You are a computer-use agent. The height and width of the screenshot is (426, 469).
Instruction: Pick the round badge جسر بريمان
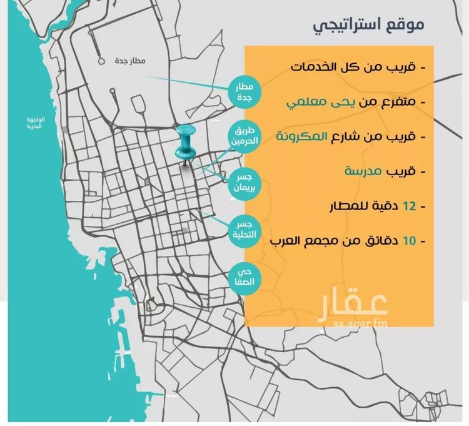pos(243,180)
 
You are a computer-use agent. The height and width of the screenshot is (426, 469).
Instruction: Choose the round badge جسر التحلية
pos(243,228)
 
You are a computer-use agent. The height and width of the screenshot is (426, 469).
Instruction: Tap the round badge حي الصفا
pos(243,276)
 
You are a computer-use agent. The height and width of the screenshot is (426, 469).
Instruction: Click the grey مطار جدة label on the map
pos(130,61)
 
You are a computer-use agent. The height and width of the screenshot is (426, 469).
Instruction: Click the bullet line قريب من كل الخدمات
pos(356,66)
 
